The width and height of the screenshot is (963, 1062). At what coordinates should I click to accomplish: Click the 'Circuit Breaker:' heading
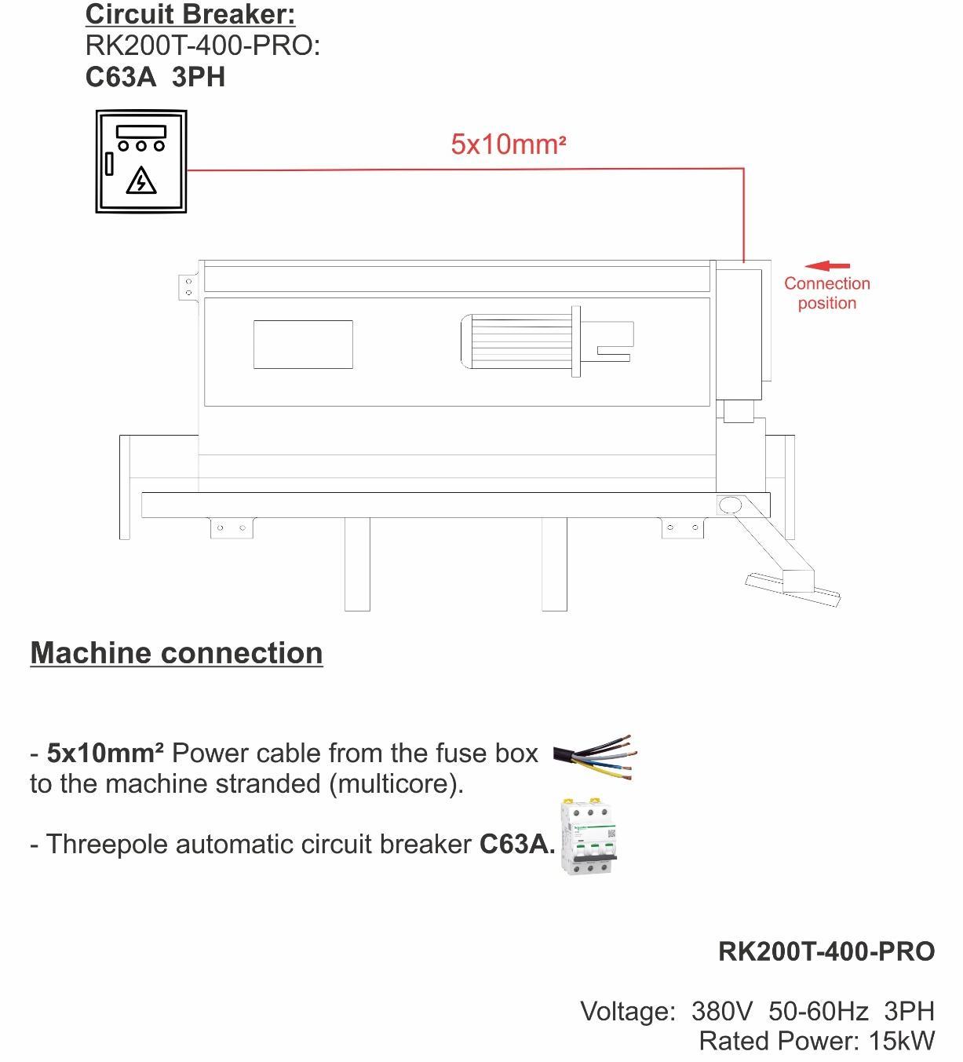coord(190,14)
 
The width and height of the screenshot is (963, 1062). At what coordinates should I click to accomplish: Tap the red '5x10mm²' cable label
coord(509,144)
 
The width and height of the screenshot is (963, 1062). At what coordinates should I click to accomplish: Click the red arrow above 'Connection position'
coord(827,266)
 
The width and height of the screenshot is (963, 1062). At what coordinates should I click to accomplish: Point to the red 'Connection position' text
coord(827,293)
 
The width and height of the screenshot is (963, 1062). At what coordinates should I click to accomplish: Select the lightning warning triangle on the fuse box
coord(141,181)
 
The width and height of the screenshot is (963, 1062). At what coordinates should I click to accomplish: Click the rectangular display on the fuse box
coord(141,132)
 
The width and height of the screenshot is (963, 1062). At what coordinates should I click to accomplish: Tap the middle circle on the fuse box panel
coord(140,145)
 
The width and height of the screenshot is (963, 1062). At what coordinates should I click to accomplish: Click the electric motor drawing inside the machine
coord(547,341)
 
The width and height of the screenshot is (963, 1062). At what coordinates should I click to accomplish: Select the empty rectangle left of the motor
coord(304,344)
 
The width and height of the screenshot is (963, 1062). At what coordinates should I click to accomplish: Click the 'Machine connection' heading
coord(177,653)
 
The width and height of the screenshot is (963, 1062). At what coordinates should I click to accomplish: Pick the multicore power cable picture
coord(595,757)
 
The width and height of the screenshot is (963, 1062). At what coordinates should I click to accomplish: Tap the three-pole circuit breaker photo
coord(589,837)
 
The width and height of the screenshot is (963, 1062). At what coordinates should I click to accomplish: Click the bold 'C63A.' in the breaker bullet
coord(517,844)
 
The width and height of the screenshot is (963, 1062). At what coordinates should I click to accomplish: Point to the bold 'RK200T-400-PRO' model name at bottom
coord(826,951)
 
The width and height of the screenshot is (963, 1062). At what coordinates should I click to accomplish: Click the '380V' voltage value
coord(721,1011)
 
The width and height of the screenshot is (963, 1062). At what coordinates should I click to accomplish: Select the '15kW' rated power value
coord(902,1041)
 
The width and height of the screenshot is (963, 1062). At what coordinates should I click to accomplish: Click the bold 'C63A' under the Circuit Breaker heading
coord(121,77)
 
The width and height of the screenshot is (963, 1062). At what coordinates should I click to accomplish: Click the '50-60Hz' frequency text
coord(819,1011)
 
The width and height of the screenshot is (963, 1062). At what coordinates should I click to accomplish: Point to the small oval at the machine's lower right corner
coord(730,505)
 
